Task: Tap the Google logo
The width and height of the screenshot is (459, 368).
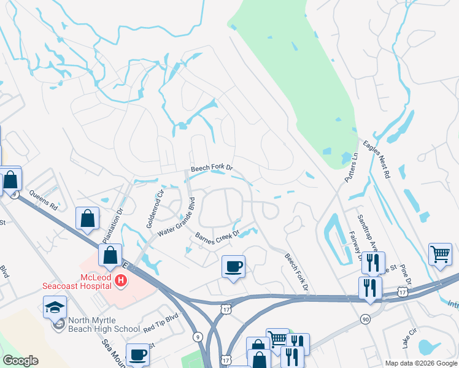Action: [x=20, y=361]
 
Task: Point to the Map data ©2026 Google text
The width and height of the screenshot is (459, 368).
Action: [x=421, y=363]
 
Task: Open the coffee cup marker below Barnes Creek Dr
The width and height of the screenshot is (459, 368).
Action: [x=233, y=267]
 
